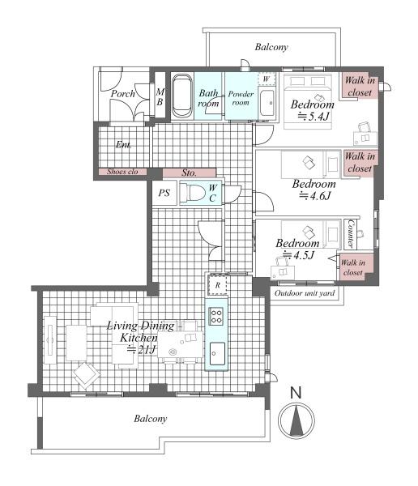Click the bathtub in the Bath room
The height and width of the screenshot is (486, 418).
(181, 96)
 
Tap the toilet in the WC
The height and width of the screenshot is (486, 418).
(193, 193)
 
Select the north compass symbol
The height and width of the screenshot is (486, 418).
(296, 420)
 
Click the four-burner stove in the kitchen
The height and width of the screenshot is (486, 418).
(216, 316)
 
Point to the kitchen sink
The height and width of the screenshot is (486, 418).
(217, 353)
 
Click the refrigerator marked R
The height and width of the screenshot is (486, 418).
(217, 285)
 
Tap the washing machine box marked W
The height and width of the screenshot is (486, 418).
(267, 79)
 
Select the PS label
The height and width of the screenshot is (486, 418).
(164, 193)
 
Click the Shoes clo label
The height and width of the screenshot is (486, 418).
(122, 172)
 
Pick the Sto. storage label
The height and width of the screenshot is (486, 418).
(189, 173)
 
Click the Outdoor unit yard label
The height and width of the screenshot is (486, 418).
(305, 293)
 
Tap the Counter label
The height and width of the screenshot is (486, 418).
(351, 234)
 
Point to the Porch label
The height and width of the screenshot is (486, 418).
(123, 94)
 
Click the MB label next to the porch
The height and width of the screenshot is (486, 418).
(160, 96)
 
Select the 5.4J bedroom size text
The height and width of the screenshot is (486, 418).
(313, 116)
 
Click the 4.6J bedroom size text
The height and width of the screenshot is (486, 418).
(314, 195)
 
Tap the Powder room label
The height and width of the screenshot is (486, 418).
(241, 98)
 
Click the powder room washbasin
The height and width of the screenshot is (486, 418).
(267, 103)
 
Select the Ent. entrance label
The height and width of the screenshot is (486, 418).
(123, 144)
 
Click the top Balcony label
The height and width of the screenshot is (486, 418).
(271, 47)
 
